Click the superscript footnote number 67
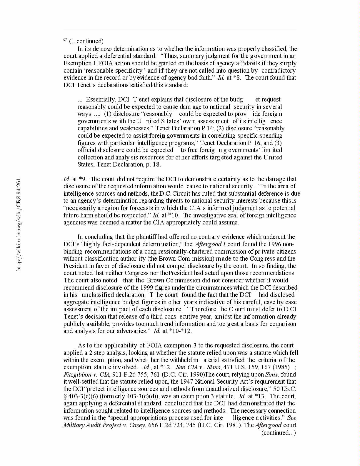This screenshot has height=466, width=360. coord(65,40)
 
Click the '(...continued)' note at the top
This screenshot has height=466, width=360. coord(86,41)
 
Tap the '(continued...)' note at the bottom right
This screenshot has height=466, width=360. coord(279,432)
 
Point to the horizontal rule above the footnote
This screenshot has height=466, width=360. coord(180,30)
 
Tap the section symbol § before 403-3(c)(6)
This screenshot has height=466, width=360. coord(65,396)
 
